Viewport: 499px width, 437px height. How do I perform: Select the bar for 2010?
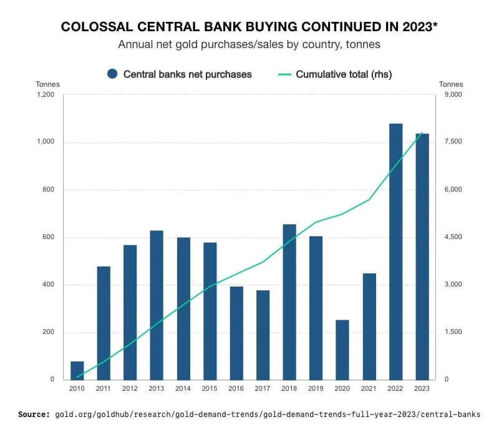[77, 370]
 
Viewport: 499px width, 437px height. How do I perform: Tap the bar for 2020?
[342, 350]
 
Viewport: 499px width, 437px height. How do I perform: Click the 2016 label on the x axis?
[236, 389]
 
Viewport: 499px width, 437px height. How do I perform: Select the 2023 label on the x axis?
[422, 389]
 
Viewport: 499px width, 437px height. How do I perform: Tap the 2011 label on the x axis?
[104, 389]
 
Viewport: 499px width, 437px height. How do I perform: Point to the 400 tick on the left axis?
[48, 285]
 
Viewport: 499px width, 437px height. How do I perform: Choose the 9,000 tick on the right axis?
[451, 95]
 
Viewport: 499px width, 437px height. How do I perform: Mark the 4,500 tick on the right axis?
[451, 237]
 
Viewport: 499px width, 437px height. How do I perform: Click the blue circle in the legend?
[112, 74]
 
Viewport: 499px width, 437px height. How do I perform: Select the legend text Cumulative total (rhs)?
[344, 74]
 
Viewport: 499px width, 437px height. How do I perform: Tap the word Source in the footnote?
[33, 414]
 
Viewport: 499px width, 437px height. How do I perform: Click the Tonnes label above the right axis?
[451, 84]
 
